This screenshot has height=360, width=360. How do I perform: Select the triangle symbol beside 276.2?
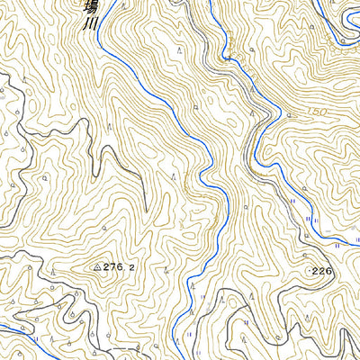coord(97,267)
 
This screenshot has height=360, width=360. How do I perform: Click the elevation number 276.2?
coord(122,267)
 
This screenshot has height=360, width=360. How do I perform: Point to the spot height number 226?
coord(323,270)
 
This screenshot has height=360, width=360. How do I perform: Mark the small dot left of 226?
coord(309,270)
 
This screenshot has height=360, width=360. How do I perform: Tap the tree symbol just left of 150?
coord(289,115)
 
